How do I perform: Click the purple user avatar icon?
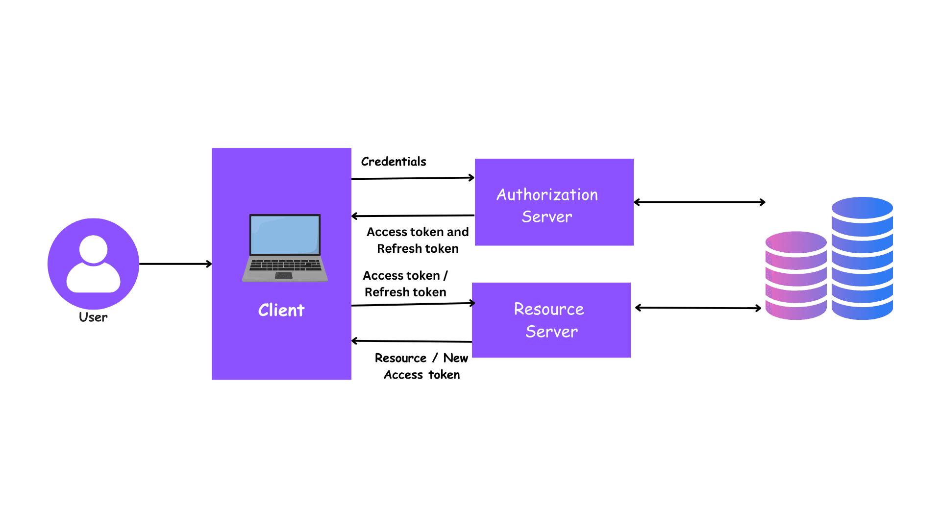tap(93, 264)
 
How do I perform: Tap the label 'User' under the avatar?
tap(93, 317)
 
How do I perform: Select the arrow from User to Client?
tap(175, 264)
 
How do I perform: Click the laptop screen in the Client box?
tap(285, 234)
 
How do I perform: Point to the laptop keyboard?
tap(285, 265)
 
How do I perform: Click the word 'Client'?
tap(281, 310)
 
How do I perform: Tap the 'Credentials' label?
tap(394, 162)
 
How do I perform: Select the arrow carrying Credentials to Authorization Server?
tap(413, 178)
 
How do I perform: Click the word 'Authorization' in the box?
tap(547, 195)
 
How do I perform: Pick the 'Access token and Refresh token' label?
tap(418, 240)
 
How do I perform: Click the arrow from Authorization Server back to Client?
tap(413, 216)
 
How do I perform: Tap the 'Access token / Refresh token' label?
tap(405, 284)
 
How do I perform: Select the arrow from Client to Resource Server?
tap(413, 304)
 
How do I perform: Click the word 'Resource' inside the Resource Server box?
tap(549, 309)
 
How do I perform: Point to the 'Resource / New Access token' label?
tap(421, 366)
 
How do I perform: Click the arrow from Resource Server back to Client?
tap(412, 341)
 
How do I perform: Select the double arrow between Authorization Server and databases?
tap(699, 202)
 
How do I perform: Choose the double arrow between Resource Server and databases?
tap(698, 308)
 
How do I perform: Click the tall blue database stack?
tap(862, 259)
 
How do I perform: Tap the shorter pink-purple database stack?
tap(796, 276)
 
